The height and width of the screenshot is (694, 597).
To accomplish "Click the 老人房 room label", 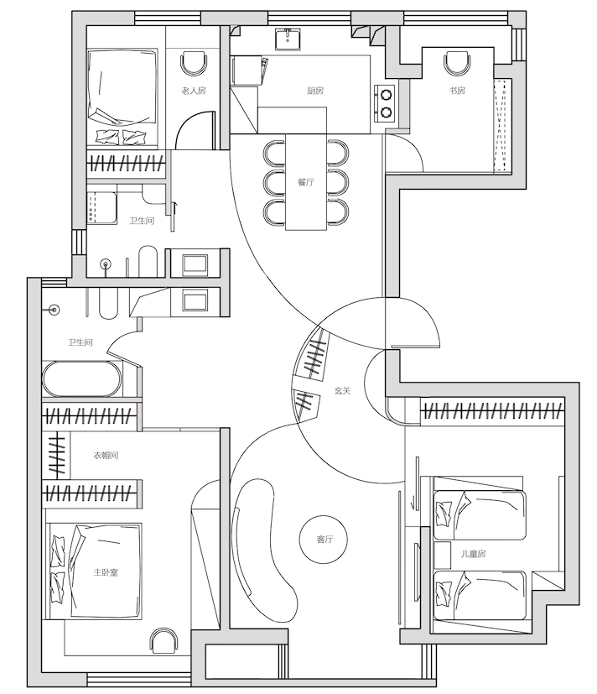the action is pos(193,91).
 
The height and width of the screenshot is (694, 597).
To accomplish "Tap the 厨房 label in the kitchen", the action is pos(315,91).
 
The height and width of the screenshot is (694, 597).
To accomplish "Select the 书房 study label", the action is pos(457,91).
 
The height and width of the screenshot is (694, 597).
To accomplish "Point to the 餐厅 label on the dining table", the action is pos(306,182).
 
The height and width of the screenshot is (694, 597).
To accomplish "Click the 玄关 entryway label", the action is pos(342,391).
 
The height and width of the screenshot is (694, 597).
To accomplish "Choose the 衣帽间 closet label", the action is pos(106,455).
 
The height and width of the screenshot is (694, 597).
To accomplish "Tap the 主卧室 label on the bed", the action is pos(106,572).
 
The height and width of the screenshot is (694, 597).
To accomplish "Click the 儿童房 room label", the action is pos(473,554).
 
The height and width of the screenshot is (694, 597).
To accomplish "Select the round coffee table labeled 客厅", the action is pos(324,540).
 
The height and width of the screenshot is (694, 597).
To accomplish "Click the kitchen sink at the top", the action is pos(288,39).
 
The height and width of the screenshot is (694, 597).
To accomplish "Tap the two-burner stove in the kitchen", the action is pos(386,103).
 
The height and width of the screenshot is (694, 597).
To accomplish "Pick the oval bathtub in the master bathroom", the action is pos(82,378).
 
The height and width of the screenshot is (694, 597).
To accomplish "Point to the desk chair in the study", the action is pos(456,63).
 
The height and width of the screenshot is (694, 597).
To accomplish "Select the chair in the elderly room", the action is pos(194,63).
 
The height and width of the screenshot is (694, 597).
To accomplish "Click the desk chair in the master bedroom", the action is pos(164,640).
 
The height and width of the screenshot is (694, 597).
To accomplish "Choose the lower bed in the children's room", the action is pos(480,595).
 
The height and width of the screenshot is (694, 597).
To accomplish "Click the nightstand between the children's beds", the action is pos(442,555).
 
